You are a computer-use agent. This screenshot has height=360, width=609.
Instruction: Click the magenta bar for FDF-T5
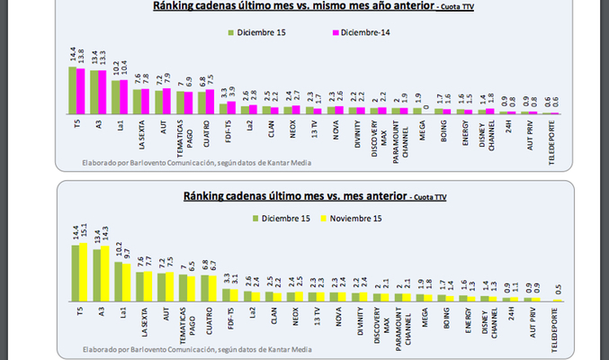231,107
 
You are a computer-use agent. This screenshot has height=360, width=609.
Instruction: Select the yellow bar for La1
125,282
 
